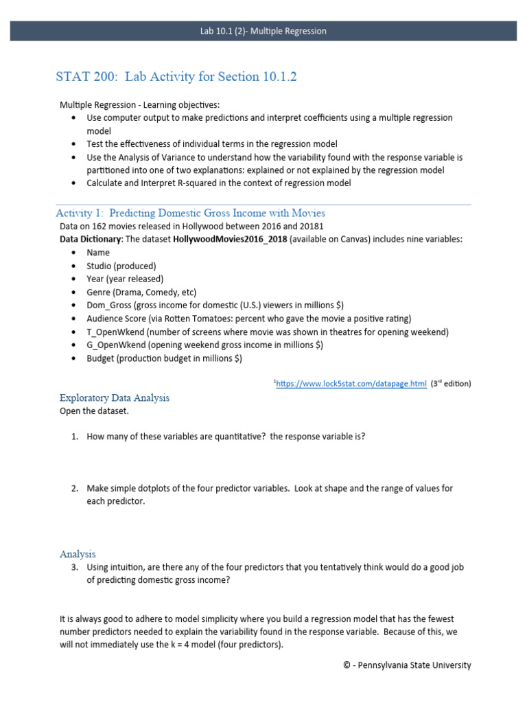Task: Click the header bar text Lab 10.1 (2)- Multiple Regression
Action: click(x=263, y=31)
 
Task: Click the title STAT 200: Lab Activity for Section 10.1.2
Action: click(x=176, y=78)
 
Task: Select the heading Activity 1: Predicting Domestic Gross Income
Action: click(x=190, y=213)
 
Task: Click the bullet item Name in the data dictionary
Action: click(x=97, y=253)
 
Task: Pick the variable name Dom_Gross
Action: click(x=109, y=305)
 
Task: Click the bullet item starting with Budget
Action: click(x=163, y=358)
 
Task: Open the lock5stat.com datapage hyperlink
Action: click(x=351, y=384)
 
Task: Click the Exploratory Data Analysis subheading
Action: click(x=115, y=397)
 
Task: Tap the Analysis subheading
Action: click(x=78, y=554)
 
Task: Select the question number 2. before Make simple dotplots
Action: click(x=75, y=489)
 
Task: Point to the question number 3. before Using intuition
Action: click(x=75, y=568)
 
